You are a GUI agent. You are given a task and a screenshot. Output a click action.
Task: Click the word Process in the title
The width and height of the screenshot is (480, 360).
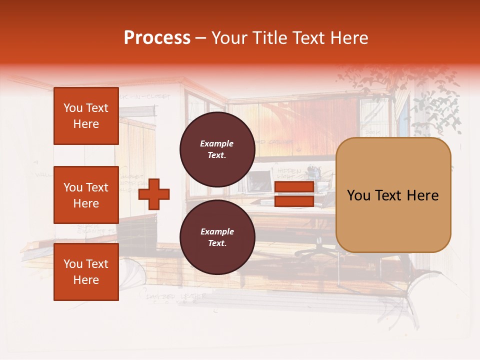pyautogui.click(x=157, y=38)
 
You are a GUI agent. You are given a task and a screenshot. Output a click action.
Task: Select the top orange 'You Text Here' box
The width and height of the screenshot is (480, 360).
pyautogui.click(x=86, y=116)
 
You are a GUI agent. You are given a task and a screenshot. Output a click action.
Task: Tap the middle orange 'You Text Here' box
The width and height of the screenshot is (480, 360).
pyautogui.click(x=86, y=195)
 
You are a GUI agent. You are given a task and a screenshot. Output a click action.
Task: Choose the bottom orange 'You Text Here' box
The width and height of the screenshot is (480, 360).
pyautogui.click(x=86, y=272)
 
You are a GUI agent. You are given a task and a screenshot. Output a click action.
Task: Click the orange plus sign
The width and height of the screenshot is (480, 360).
pyautogui.click(x=154, y=194)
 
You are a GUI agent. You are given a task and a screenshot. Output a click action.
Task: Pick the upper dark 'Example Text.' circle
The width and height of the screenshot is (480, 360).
pyautogui.click(x=217, y=149)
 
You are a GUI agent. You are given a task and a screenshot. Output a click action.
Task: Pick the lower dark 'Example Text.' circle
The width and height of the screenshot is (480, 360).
pyautogui.click(x=217, y=237)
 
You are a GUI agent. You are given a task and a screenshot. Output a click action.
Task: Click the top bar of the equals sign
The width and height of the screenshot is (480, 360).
pyautogui.click(x=294, y=187)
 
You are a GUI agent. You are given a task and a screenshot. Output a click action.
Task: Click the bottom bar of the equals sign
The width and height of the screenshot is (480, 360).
pyautogui.click(x=294, y=201)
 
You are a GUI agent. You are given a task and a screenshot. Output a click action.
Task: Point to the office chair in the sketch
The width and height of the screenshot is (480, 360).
pyautogui.click(x=320, y=245)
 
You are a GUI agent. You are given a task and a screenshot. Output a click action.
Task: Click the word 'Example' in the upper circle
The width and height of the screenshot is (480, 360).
pyautogui.click(x=217, y=143)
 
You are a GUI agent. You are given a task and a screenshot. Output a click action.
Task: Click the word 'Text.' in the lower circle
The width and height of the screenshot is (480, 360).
pyautogui.click(x=217, y=243)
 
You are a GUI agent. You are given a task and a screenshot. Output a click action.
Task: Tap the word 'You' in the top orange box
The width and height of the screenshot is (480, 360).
pyautogui.click(x=72, y=108)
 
